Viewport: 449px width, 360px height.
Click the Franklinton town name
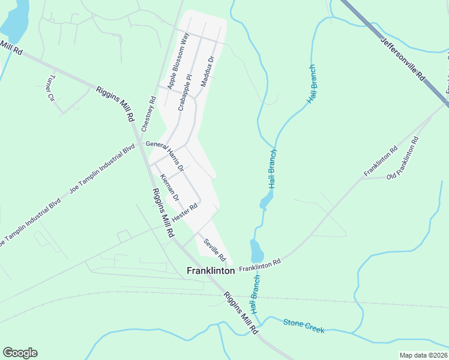[211, 271]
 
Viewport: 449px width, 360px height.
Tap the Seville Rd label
[214, 251]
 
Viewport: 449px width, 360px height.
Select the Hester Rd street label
[185, 212]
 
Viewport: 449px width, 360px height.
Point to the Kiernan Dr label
[169, 187]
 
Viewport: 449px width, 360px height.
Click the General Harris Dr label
[164, 152]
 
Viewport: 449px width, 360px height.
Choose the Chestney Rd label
[148, 115]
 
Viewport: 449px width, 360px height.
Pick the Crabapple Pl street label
[184, 92]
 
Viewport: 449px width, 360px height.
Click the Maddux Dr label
[207, 72]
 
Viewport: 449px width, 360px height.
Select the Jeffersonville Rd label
[403, 59]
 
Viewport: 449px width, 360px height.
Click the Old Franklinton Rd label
[402, 158]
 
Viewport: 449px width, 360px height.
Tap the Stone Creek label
[304, 326]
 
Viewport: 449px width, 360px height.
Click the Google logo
[20, 353]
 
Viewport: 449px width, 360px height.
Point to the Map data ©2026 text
[423, 355]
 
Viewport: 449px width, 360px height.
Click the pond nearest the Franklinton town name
[256, 248]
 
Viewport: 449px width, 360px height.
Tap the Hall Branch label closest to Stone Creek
[256, 295]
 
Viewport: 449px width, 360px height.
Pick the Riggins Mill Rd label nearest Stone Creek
[241, 313]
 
